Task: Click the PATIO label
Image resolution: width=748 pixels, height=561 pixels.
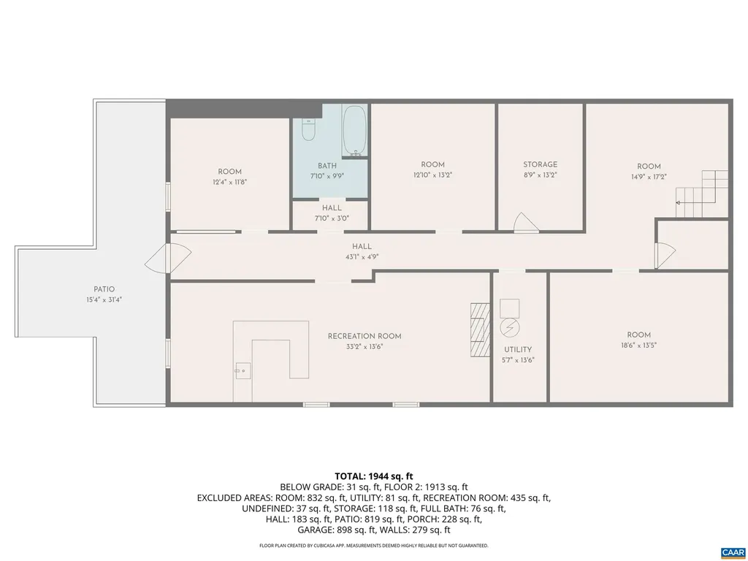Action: [104, 289]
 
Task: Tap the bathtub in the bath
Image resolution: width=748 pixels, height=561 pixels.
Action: [356, 131]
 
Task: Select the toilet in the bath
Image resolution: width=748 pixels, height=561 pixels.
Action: [308, 131]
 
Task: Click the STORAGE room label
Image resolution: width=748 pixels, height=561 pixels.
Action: [540, 164]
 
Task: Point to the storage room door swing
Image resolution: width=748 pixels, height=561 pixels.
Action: [525, 223]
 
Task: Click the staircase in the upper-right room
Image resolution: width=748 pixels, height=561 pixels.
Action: [703, 194]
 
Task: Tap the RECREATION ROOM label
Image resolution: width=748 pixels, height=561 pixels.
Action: [365, 336]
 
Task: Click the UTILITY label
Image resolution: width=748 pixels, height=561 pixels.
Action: [518, 349]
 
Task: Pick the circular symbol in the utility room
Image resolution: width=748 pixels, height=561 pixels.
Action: [509, 327]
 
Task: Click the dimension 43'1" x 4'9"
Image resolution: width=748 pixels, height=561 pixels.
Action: [362, 257]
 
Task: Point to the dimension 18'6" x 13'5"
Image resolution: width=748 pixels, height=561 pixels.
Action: [638, 346]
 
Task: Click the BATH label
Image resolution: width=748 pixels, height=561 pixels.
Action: [327, 166]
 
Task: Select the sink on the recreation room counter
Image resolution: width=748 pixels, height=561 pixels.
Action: [242, 370]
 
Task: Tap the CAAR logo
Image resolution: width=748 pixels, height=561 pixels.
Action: [732, 552]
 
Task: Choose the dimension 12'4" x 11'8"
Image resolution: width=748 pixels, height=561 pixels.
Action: [229, 182]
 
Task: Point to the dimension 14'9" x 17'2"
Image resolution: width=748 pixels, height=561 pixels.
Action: [649, 176]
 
